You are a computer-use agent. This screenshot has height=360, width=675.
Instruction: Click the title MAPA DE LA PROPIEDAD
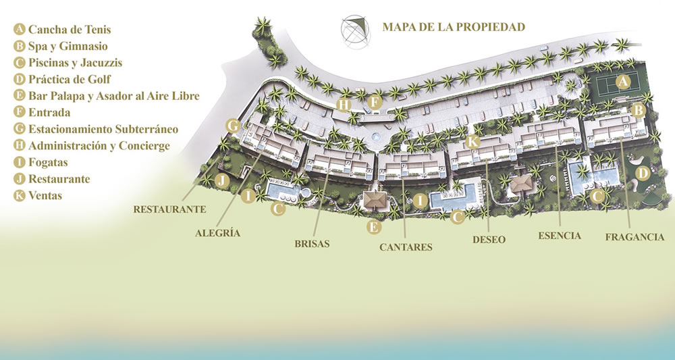coord(453,27)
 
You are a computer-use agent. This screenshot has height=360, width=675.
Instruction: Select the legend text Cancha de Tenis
coord(69,30)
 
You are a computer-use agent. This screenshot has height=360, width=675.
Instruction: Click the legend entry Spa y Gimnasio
coord(67,46)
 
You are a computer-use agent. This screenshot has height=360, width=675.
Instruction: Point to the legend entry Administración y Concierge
coord(99,145)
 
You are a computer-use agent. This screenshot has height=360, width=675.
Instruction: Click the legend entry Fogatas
coord(48,162)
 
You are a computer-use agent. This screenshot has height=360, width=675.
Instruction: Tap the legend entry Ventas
coord(45,195)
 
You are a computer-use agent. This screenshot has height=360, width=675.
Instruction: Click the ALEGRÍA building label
coord(217,233)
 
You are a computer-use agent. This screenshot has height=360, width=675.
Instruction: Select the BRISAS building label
coord(312,243)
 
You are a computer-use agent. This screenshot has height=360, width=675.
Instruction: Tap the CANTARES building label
coord(406,247)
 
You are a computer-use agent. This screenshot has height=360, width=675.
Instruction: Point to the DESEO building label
coord(489,240)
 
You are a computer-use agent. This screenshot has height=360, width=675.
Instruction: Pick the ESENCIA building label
coord(560,236)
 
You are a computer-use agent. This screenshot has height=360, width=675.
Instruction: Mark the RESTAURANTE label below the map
coord(169,209)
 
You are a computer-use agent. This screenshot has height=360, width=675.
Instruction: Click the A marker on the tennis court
coord(624,82)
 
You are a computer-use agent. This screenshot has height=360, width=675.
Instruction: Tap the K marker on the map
coord(473,141)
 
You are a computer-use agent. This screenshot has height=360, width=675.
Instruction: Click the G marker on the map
coord(233,125)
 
